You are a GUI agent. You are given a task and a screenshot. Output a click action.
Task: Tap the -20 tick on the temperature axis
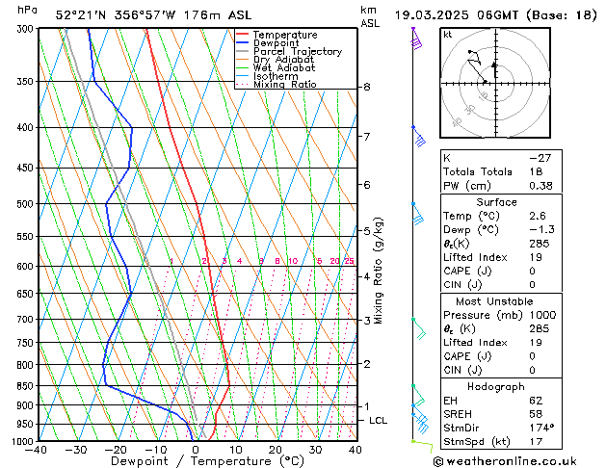pyautogui.click(x=116, y=450)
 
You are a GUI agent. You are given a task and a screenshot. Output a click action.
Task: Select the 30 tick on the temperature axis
pyautogui.click(x=315, y=450)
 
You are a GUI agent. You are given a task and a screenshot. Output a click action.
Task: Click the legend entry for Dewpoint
pyautogui.click(x=278, y=43)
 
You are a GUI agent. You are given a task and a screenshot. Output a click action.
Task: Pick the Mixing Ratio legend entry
pyautogui.click(x=285, y=85)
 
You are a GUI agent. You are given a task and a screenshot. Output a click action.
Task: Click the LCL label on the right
pyautogui.click(x=379, y=421)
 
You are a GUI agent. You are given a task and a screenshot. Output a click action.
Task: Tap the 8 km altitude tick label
pyautogui.click(x=367, y=87)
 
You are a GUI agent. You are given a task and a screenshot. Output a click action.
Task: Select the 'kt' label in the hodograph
pyautogui.click(x=447, y=34)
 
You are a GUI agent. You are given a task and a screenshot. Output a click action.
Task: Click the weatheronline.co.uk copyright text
pyautogui.click(x=516, y=460)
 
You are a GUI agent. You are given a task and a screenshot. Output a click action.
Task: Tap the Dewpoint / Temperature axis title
pyautogui.click(x=196, y=461)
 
